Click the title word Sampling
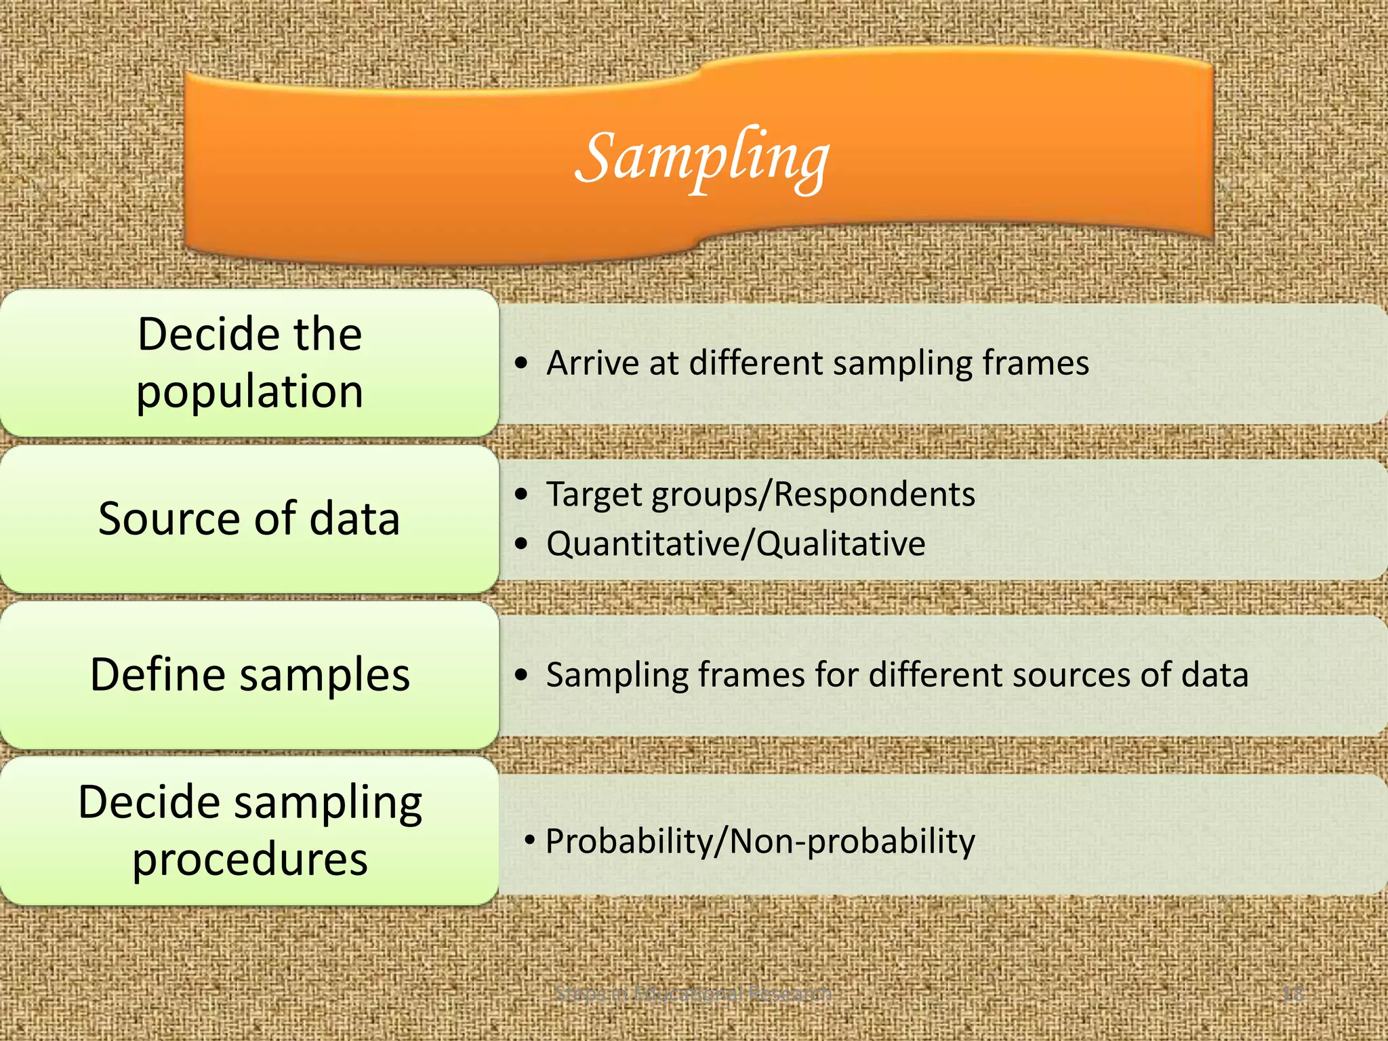(x=703, y=159)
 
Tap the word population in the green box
(x=250, y=392)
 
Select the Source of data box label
(x=249, y=519)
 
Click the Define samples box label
(x=250, y=675)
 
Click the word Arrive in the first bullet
(x=592, y=363)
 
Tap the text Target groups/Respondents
(x=760, y=494)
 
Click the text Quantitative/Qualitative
(x=736, y=544)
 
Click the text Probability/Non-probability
(x=760, y=842)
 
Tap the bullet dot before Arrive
(x=520, y=364)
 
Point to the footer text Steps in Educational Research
(x=693, y=994)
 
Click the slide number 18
(x=1293, y=994)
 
